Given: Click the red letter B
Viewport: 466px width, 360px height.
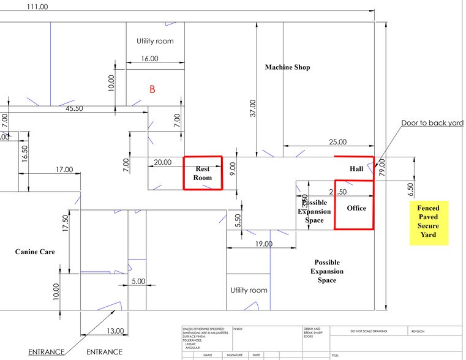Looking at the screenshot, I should [x=152, y=89].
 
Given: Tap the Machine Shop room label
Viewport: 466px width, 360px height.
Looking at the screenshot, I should [x=287, y=67].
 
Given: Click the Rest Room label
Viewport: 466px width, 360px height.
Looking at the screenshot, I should [x=203, y=173].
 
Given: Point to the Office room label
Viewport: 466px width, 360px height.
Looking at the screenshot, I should [x=356, y=208].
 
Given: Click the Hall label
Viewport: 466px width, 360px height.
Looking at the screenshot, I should [x=356, y=168].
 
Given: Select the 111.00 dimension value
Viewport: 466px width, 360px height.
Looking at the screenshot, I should [x=37, y=7].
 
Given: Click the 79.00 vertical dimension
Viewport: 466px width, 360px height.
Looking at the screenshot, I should [x=383, y=167].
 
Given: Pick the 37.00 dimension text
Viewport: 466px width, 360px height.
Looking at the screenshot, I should [x=253, y=111].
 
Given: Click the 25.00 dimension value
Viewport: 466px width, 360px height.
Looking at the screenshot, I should [x=337, y=142].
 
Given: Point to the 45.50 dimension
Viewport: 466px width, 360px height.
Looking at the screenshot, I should [x=75, y=108].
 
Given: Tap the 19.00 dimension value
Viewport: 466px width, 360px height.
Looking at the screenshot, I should [x=263, y=244].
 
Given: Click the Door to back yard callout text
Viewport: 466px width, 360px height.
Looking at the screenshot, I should [x=432, y=123].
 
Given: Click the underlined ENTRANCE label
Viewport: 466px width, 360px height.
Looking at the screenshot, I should [x=47, y=352].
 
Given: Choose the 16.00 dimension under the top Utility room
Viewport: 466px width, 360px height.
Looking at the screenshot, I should [x=149, y=59].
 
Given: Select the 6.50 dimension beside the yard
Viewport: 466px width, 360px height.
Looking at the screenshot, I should [x=410, y=187].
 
